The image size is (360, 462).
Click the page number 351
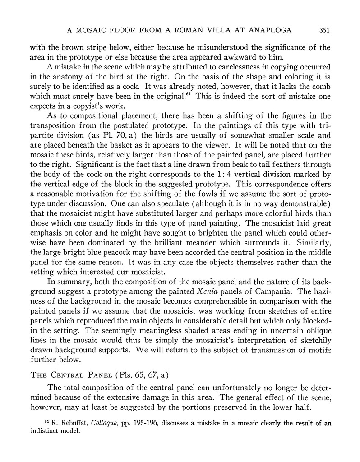pos(325,31)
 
